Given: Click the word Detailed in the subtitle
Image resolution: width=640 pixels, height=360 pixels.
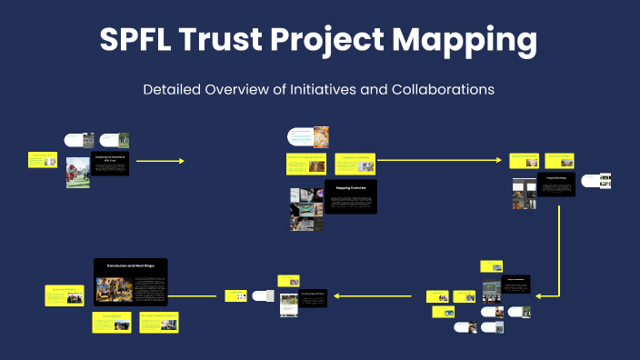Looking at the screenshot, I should (x=175, y=90).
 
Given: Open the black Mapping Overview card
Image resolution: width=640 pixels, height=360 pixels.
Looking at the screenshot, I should (x=351, y=197).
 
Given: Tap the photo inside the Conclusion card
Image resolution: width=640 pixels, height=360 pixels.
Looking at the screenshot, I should (x=114, y=290).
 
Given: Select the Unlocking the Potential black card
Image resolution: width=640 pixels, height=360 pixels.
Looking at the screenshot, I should (x=110, y=163).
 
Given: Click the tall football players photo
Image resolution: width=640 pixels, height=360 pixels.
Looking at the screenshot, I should (x=77, y=172).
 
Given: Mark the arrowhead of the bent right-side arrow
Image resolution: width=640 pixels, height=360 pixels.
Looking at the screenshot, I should (x=539, y=295).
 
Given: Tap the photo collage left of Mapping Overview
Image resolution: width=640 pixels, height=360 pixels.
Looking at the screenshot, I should (x=305, y=209).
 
